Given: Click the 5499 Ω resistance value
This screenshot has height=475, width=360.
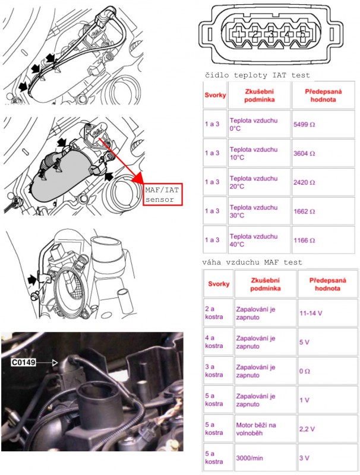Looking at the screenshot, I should click(304, 126).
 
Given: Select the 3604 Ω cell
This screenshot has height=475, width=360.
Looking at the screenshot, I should click(304, 153).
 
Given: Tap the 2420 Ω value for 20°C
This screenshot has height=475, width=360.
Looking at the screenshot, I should click(304, 182).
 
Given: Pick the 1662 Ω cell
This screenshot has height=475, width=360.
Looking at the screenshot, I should click(304, 211).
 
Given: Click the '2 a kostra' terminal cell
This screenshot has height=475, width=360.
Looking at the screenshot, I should click(214, 312).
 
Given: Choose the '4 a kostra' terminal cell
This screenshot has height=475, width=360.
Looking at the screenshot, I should click(214, 342).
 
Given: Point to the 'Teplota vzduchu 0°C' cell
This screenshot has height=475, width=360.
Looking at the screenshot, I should click(254, 126).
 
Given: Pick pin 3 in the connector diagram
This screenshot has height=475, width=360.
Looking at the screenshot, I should click(271, 34).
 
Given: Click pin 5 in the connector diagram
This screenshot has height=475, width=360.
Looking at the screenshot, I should click(302, 34).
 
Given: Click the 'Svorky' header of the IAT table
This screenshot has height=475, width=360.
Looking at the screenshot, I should click(214, 95).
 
